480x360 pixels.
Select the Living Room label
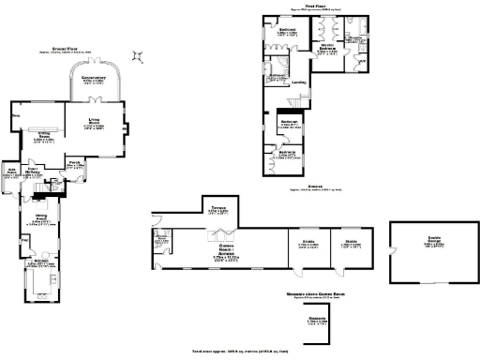(94, 123)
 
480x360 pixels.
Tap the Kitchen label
(37, 263)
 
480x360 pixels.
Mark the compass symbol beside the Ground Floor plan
(138, 57)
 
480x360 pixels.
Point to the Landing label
(299, 82)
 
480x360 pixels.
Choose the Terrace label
(217, 210)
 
